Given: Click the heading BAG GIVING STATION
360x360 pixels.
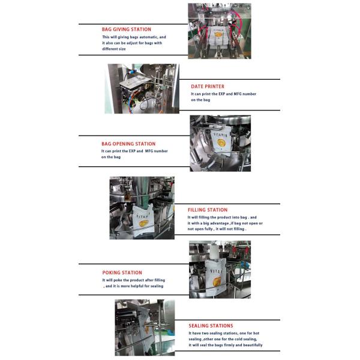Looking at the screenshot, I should tap(126, 29).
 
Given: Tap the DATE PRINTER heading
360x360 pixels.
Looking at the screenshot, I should tap(208, 86).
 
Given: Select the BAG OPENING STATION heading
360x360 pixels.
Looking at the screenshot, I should tap(128, 144).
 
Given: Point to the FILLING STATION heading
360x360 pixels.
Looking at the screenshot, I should tap(208, 210).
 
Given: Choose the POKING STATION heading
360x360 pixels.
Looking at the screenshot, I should tap(122, 272).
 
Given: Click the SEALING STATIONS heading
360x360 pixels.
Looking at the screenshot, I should tap(211, 326).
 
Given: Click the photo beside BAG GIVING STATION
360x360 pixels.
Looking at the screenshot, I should tap(219, 30).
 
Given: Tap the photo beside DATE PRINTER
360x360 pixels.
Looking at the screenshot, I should tap(142, 89).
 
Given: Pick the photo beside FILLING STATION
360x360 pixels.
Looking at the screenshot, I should tap(142, 208).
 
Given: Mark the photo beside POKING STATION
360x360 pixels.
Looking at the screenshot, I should tap(220, 270).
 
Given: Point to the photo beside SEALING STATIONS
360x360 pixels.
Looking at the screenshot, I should tap(145, 328).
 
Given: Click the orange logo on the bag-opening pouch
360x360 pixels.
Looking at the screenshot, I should tap(221, 143).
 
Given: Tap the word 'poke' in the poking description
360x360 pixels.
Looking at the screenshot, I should tap(119, 280).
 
